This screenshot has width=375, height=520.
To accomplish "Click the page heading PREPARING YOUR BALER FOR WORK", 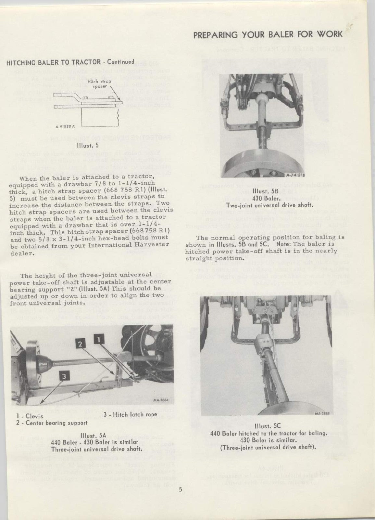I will [x=268, y=34].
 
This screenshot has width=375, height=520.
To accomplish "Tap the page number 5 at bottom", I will [x=181, y=490].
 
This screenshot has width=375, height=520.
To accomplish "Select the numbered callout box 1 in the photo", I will [x=99, y=340].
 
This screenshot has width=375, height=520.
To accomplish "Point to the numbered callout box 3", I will [x=64, y=376].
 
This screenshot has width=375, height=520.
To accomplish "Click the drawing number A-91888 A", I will [x=65, y=127].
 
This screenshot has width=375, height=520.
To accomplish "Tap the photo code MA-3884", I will [x=160, y=401].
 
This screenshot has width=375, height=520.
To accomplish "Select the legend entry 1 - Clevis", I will [x=30, y=416].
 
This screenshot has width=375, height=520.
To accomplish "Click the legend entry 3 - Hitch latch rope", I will [x=130, y=414].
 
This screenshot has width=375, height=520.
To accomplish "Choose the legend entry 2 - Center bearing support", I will [x=52, y=423].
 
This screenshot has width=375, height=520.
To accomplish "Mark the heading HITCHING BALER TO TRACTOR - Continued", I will [x=70, y=62].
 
